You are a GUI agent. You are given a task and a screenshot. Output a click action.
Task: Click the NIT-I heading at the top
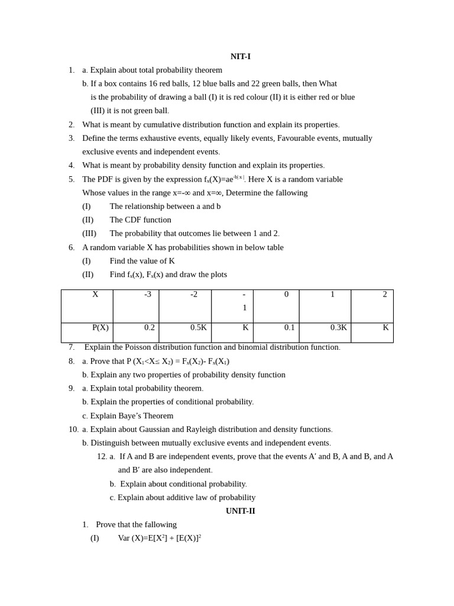240,56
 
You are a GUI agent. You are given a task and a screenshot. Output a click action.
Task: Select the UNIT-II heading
240,511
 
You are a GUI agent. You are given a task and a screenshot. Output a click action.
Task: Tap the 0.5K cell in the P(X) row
199,327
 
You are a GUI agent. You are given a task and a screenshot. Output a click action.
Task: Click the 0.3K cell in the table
339,327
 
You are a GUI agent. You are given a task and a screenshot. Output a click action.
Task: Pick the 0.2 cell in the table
150,327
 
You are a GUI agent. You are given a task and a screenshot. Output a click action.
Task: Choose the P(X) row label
100,327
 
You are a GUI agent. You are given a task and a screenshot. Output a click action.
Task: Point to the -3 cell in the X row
148,294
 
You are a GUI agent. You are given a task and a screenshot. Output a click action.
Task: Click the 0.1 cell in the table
289,327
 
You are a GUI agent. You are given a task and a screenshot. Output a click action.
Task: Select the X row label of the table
95,294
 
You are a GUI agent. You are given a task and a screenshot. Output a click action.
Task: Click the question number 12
102,456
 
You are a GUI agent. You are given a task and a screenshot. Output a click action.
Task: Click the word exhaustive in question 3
162,138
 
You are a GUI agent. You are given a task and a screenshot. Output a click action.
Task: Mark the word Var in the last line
124,538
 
